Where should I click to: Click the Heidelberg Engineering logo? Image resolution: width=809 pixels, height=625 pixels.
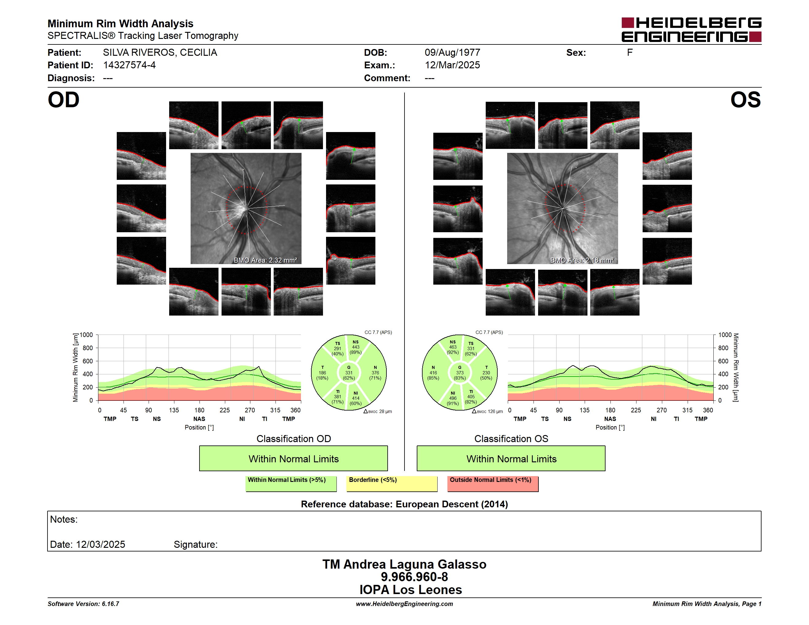coord(691,30)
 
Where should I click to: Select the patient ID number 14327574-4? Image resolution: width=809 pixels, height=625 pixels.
coord(129,65)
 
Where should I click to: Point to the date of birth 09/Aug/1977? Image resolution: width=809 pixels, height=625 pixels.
coord(452,53)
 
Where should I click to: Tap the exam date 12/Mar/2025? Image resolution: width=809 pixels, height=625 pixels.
coord(452,65)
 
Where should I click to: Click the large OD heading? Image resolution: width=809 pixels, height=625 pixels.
coord(63,100)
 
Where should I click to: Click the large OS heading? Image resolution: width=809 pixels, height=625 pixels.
coord(746,100)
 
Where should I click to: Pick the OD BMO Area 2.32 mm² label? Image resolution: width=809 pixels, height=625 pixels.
coord(265,260)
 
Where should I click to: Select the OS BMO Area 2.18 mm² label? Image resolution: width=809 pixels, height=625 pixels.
coord(582,260)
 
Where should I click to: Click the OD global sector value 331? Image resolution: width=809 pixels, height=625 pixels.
coord(348,373)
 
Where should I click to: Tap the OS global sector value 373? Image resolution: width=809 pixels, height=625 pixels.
coord(460,373)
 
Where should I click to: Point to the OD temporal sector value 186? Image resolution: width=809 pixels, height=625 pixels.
coord(322,373)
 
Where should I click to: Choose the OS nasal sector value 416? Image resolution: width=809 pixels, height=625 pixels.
coord(433,373)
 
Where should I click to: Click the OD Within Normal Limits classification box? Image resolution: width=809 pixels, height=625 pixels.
coord(293,458)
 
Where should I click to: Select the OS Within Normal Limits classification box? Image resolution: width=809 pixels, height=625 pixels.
coord(511,458)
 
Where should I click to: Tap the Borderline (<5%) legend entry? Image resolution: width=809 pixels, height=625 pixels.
coord(392,483)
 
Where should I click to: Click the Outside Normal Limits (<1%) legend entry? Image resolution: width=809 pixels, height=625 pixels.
coord(493,483)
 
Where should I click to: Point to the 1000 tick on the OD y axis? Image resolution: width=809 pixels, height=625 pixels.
coord(86,335)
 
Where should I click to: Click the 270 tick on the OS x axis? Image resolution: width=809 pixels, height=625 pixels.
coord(662,410)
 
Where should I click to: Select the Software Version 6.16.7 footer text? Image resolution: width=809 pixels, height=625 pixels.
coord(83,604)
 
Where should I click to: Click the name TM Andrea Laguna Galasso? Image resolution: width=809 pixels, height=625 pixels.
coord(404,564)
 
